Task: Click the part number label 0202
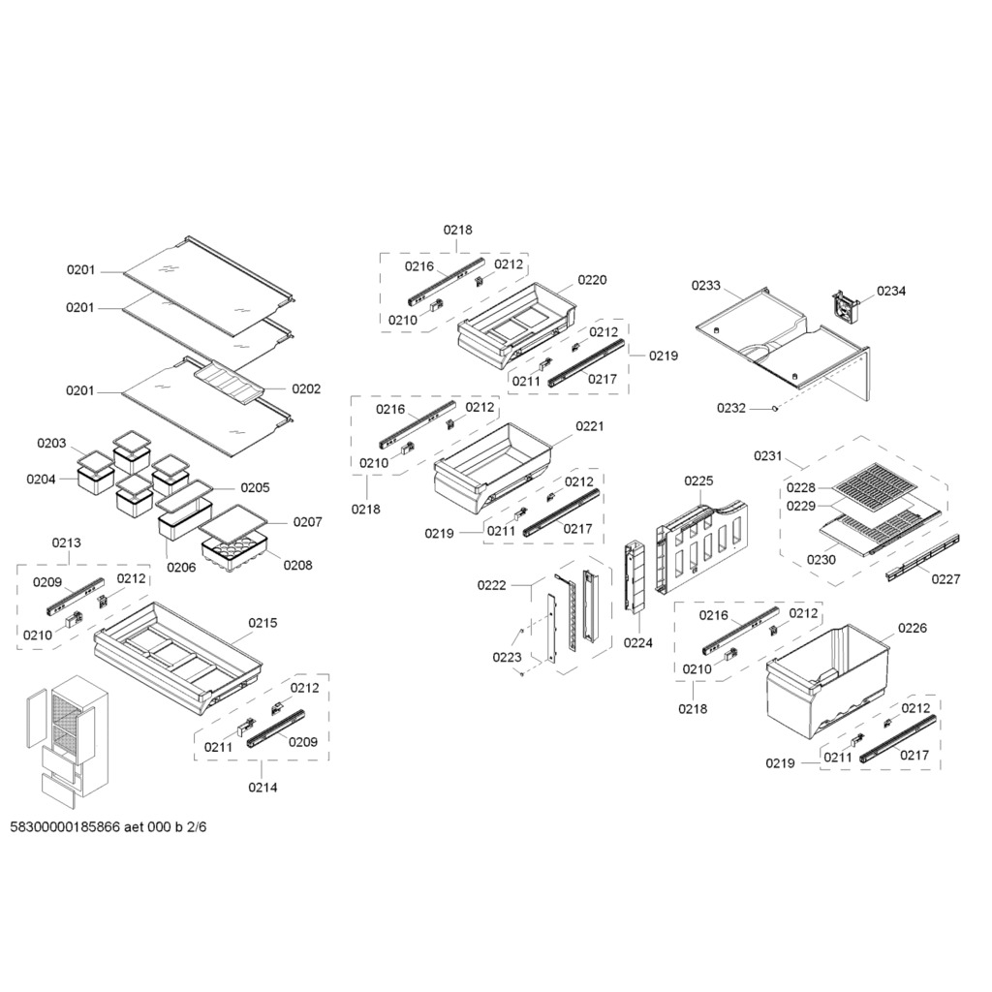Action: pos(306,388)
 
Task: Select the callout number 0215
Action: pos(263,623)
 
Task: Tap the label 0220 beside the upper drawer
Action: pos(592,280)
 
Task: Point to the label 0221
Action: pos(590,426)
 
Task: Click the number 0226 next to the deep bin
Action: pos(913,628)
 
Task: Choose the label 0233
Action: pos(706,286)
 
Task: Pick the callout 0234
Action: pos(891,291)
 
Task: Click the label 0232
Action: pos(731,408)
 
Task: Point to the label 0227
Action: pos(945,579)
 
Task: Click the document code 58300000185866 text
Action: pos(65,827)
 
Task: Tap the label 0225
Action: pos(698,480)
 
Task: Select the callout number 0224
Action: pos(637,643)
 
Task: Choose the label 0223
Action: pos(508,658)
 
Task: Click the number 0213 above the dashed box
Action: pos(67,542)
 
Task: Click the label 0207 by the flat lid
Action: pos(307,522)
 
